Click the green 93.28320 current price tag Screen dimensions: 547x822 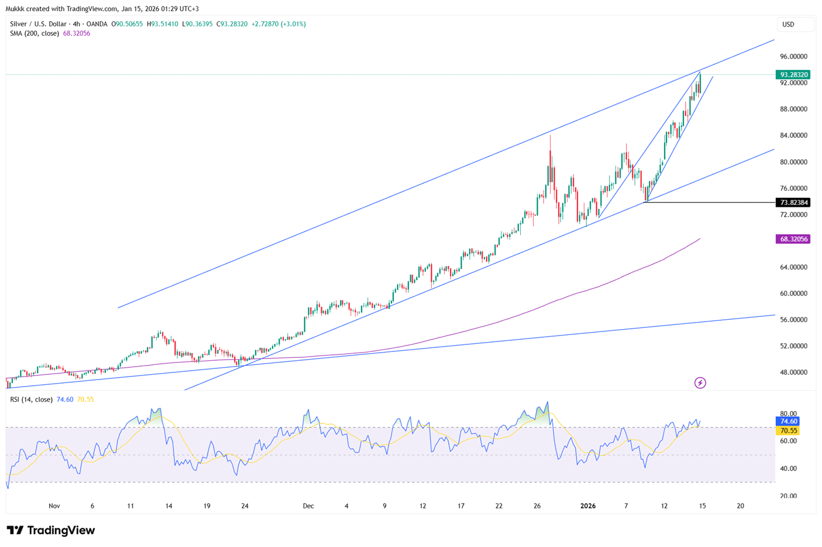click(x=793, y=75)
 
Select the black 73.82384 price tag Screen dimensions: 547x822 click(x=793, y=203)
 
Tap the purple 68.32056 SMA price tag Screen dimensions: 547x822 click(x=793, y=239)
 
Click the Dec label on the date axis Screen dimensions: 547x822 click(x=308, y=506)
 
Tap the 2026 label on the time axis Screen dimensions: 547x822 click(x=587, y=506)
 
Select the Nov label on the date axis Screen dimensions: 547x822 click(x=54, y=506)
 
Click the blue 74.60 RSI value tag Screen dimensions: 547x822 click(x=787, y=421)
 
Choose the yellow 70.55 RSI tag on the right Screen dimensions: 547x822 click(x=787, y=430)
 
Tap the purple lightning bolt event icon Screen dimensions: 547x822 click(x=700, y=383)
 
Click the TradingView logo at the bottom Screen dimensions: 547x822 click(x=51, y=531)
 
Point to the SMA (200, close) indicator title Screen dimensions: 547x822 click(x=35, y=33)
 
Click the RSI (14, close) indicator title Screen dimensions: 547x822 click(x=31, y=399)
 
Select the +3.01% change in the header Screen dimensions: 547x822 click(x=294, y=24)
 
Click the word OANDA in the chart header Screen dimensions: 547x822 click(x=97, y=24)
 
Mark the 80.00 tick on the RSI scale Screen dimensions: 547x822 click(x=788, y=414)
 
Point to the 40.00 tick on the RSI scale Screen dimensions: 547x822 click(x=788, y=469)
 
